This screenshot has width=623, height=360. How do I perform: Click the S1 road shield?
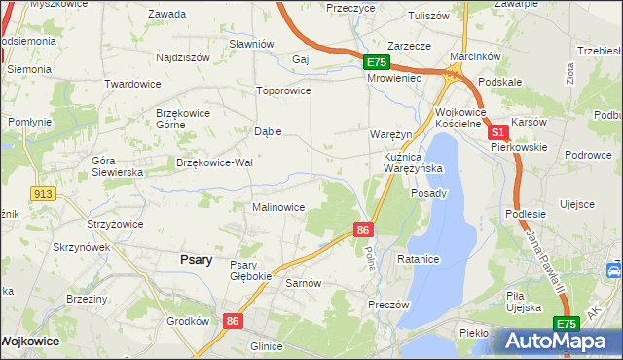(496, 131)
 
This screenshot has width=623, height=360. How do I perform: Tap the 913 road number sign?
(41, 194)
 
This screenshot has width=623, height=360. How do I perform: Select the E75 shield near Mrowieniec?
(377, 62)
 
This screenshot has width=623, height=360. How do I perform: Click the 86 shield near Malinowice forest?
(362, 230)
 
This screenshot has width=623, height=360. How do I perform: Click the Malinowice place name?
(278, 207)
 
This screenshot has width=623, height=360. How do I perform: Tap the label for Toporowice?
(282, 90)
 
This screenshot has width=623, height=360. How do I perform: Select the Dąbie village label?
(268, 131)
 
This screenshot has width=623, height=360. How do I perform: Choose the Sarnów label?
(303, 283)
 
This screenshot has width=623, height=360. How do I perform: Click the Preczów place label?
(387, 305)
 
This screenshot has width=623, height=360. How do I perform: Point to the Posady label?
(428, 193)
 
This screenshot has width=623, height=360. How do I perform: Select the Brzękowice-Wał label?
(214, 162)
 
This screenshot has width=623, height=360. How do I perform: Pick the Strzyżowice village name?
(115, 224)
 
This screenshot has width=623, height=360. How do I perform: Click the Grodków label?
(188, 321)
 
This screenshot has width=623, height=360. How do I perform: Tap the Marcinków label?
(474, 56)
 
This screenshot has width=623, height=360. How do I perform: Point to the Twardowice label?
(132, 84)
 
